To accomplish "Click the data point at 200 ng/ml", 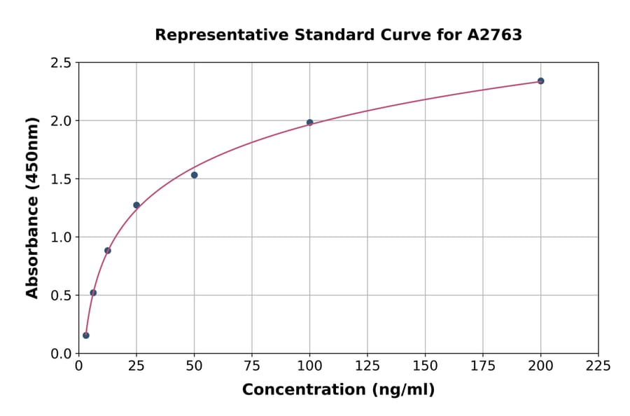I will click(540, 81).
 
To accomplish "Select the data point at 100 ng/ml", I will click(309, 123).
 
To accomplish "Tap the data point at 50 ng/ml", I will click(194, 175).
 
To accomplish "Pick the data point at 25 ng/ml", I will click(136, 205).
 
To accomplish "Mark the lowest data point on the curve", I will click(86, 335).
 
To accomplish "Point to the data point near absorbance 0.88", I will click(108, 251).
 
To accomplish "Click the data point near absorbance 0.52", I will click(93, 293).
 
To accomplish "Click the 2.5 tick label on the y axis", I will click(61, 63).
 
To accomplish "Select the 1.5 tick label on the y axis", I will click(61, 179).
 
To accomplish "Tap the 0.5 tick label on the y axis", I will click(61, 296).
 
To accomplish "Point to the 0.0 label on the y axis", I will click(61, 354).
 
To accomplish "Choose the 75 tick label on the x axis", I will click(252, 366).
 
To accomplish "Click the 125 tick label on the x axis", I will click(367, 366).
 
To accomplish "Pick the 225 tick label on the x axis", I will click(598, 366).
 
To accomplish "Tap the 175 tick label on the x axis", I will click(483, 366).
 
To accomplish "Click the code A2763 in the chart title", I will click(495, 35).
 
